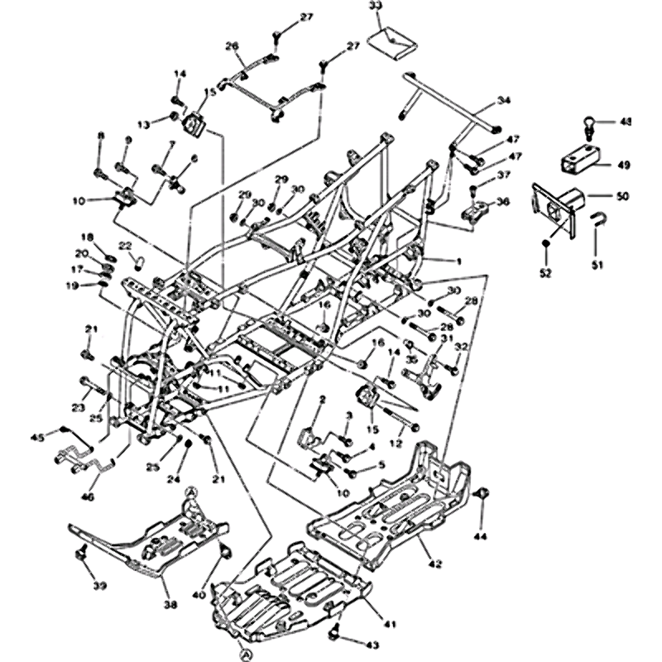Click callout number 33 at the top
click(x=376, y=7)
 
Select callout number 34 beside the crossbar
click(x=504, y=101)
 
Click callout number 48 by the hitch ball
click(x=625, y=122)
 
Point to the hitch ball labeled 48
click(x=588, y=125)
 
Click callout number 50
click(x=623, y=196)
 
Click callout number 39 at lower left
click(x=99, y=586)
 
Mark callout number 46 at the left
click(x=87, y=497)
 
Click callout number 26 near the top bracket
click(x=232, y=46)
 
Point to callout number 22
click(x=124, y=246)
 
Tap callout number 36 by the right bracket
click(x=503, y=202)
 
